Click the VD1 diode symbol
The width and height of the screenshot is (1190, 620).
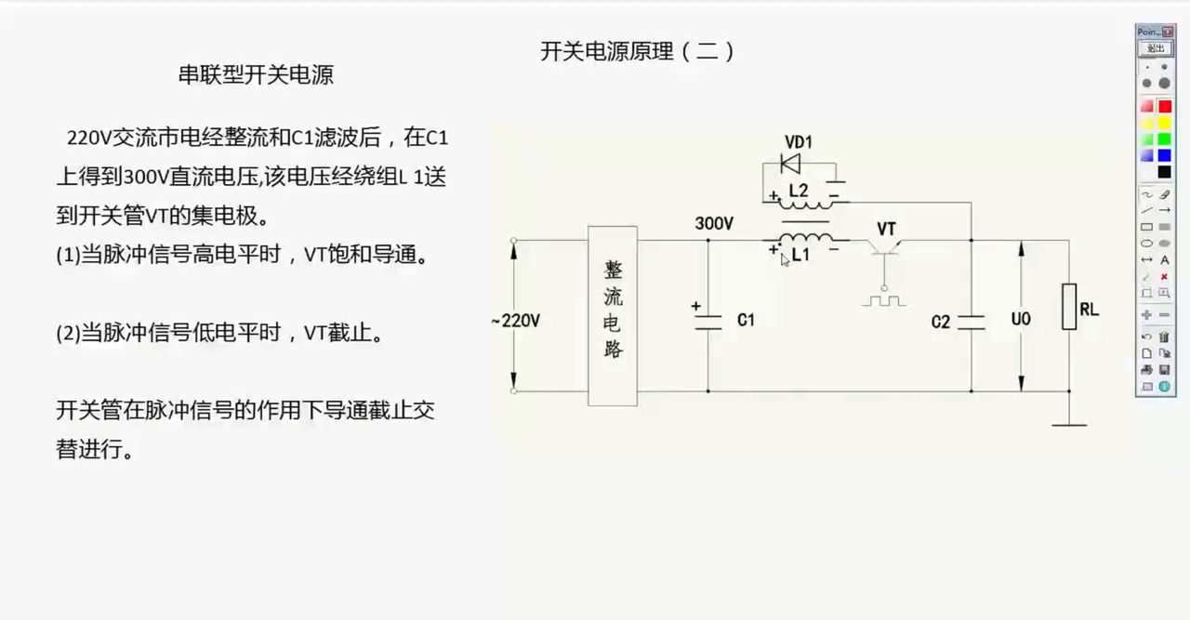tap(790, 164)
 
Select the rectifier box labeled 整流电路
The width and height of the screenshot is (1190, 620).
tap(613, 316)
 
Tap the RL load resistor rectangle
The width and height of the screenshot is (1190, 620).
tap(1069, 307)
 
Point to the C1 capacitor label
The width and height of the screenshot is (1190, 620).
tap(746, 320)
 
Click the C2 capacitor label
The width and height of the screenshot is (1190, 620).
tap(940, 322)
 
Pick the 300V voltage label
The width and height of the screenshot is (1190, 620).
tap(714, 223)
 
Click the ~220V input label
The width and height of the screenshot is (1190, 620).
tap(515, 321)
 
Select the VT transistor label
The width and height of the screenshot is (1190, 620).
tap(886, 229)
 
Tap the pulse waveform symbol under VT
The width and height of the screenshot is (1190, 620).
tap(884, 300)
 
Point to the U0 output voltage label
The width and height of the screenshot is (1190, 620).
tap(1021, 319)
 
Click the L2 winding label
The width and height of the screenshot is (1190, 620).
tap(799, 191)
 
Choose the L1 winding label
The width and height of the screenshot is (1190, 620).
tap(800, 255)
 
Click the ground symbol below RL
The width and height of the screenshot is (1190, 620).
tap(1069, 425)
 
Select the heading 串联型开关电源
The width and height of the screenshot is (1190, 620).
tap(256, 75)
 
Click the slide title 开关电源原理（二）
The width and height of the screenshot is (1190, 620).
tap(638, 51)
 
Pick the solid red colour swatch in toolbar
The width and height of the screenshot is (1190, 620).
tap(1165, 106)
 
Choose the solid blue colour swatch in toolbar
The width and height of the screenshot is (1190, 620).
tap(1165, 155)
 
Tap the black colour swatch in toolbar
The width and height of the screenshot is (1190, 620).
tap(1165, 172)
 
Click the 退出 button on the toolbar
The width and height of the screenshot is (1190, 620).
tap(1156, 48)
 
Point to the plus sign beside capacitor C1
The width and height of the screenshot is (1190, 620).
tap(696, 306)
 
